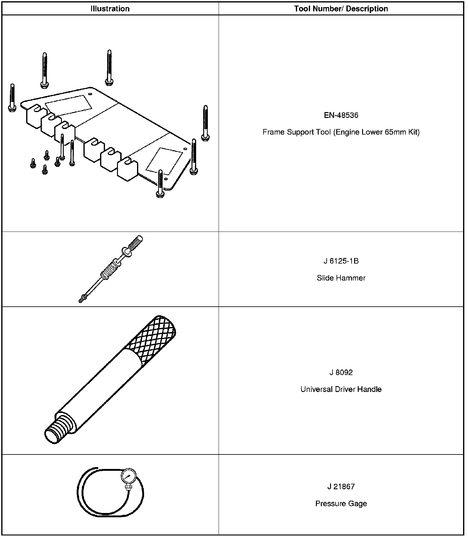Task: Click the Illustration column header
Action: [110, 9]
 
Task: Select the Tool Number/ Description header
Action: [341, 9]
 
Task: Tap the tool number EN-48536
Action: [341, 115]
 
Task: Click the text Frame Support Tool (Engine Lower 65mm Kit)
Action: [341, 132]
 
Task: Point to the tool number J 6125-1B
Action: [341, 261]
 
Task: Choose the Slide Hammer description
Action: [341, 278]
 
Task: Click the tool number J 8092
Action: [341, 373]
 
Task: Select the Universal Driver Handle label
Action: [341, 389]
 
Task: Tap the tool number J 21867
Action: [341, 487]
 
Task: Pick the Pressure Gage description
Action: [341, 503]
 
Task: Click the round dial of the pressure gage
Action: [128, 476]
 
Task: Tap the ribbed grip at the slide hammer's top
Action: [135, 243]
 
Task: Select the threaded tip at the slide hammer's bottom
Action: [82, 299]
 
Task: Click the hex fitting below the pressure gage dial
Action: [128, 487]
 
